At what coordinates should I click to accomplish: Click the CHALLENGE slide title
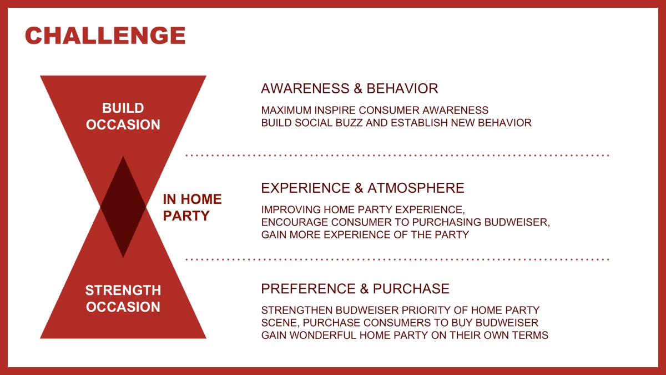click(x=105, y=36)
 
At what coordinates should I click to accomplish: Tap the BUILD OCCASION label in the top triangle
click(x=123, y=116)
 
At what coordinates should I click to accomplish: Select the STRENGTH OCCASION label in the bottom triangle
click(x=123, y=298)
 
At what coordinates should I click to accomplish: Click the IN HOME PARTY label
click(x=193, y=207)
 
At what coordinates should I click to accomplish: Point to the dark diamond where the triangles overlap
click(x=123, y=207)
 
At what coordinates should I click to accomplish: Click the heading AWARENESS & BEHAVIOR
click(x=349, y=89)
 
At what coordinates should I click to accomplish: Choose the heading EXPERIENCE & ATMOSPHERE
click(x=362, y=188)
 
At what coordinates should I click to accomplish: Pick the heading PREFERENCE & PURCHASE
click(x=355, y=289)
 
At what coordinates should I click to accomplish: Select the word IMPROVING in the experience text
click(x=291, y=210)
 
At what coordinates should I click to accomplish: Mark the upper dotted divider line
click(x=397, y=156)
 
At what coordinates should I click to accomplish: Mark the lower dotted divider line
click(x=397, y=259)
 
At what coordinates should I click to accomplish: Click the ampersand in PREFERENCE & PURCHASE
click(x=364, y=289)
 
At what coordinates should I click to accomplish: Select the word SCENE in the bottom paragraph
click(x=280, y=323)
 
